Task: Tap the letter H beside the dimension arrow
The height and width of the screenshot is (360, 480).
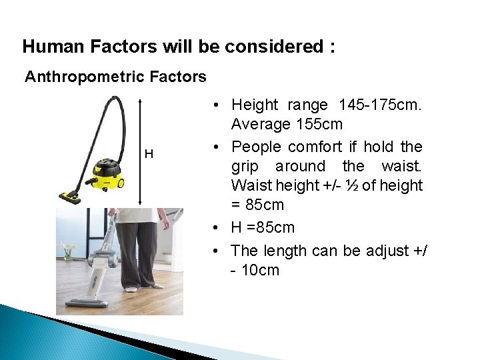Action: pos(149,155)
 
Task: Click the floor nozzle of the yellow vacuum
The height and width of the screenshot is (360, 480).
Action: pos(71,197)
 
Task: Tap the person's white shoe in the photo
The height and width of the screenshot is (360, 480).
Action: pos(132,288)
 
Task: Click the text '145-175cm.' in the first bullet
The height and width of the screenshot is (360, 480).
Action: pos(380,105)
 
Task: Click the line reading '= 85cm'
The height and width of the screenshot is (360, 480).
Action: pos(257,205)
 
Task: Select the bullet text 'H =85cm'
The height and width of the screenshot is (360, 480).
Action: pos(263,227)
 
